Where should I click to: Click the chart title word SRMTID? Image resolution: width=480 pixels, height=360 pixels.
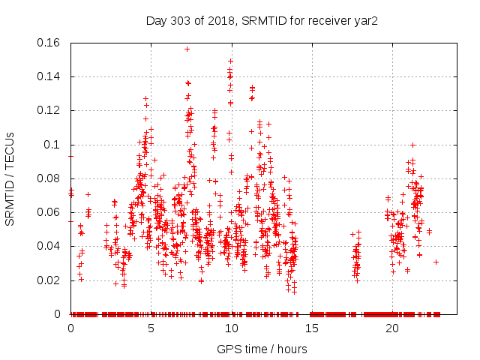tap(264, 21)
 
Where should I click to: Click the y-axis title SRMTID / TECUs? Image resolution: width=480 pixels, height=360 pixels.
tap(10, 178)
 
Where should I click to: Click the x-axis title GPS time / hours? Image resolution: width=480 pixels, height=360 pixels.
tap(262, 349)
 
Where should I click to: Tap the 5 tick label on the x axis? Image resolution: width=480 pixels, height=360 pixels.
tap(151, 329)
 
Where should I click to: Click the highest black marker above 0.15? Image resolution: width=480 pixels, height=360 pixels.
tap(187, 49)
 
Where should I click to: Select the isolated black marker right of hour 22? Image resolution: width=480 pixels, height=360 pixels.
tap(436, 262)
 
